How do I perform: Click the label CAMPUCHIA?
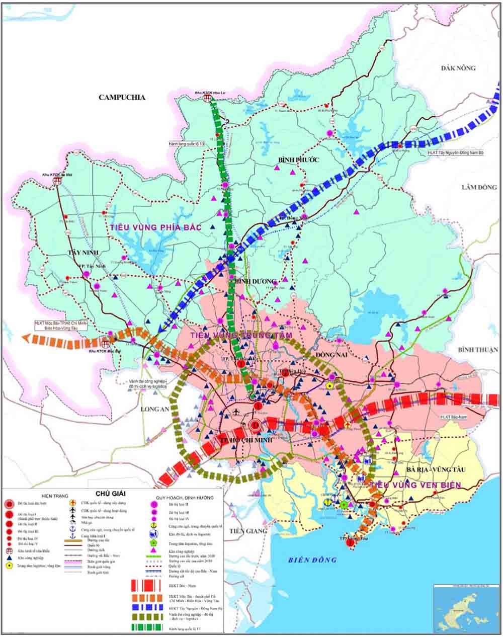tap(122, 98)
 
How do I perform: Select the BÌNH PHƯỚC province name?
tap(298, 160)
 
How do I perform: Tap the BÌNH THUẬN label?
tap(477, 349)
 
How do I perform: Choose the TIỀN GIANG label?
tap(244, 531)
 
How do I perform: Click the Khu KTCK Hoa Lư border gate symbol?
tap(207, 99)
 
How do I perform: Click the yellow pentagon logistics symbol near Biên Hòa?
tap(329, 385)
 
